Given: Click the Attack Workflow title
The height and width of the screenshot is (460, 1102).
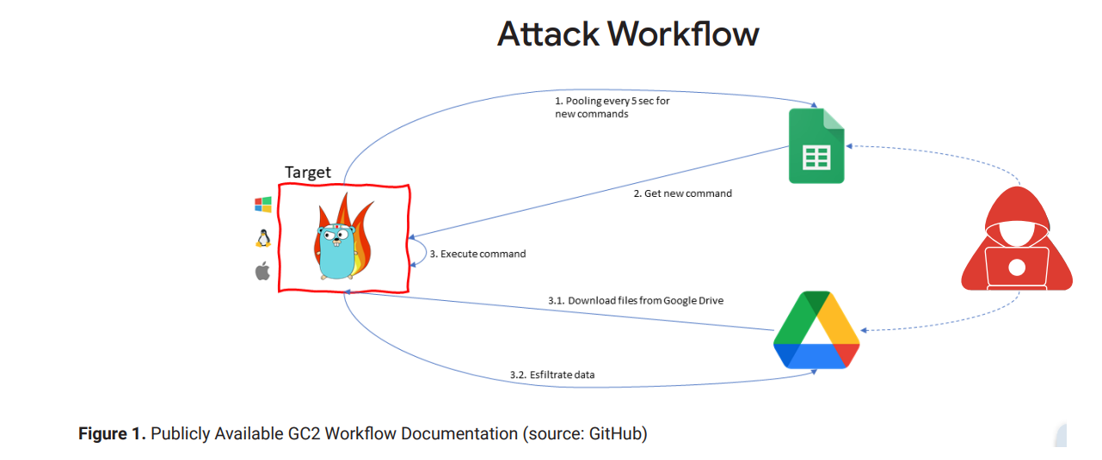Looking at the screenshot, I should pos(628,34).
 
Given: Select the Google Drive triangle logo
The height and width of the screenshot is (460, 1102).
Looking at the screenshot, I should pos(816,330).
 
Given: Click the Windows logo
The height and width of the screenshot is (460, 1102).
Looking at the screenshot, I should pos(262,205).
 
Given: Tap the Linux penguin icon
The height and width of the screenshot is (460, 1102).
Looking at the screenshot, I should pos(262,238).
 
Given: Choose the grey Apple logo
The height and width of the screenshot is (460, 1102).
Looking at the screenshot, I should pos(262,272).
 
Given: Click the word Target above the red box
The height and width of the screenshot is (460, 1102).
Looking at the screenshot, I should pos(308,172).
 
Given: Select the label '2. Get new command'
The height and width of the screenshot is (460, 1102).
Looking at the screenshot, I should pos(682,193).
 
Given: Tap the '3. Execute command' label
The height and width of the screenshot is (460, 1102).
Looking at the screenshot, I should pos(477,254).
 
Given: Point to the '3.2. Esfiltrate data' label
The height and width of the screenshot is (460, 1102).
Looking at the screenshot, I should pos(551,375).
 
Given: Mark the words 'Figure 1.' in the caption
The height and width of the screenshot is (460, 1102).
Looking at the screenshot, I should pos(112,433).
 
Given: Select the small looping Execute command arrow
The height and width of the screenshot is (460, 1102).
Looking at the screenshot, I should pos(420,254).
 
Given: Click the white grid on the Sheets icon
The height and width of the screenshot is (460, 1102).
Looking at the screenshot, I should pos(816,158).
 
